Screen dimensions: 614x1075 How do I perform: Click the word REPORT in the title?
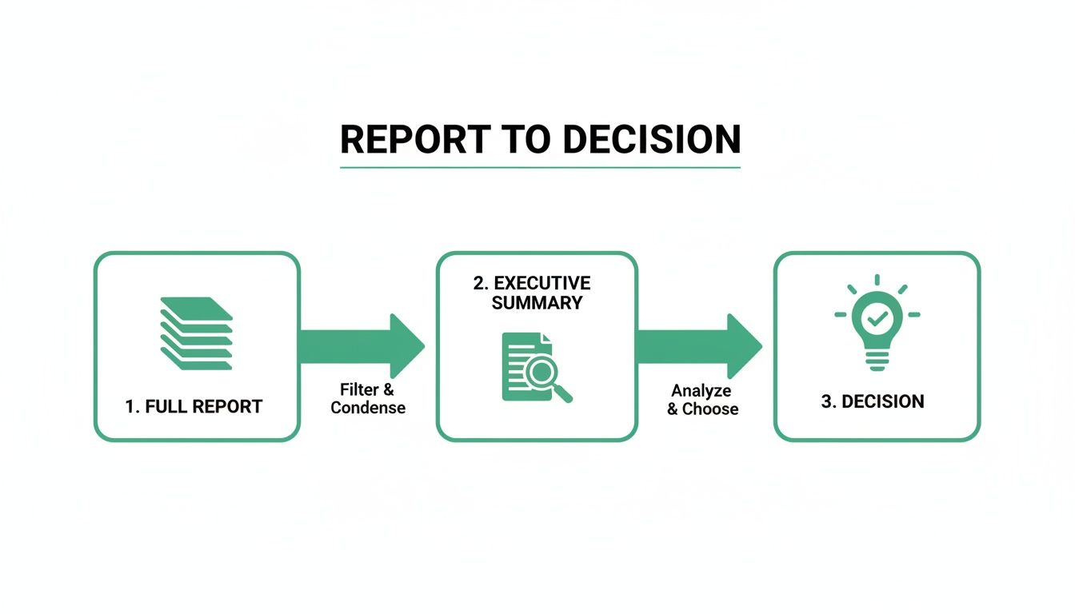pos(414,140)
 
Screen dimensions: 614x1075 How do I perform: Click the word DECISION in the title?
pos(651,140)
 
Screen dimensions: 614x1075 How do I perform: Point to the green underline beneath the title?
pos(540,167)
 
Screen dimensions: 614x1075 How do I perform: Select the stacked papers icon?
pos(196,333)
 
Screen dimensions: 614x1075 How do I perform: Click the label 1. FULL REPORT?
pos(194,406)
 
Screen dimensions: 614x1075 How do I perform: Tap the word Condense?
pos(368,408)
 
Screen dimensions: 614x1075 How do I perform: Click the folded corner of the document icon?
pos(545,338)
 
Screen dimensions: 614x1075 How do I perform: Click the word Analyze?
pos(701,391)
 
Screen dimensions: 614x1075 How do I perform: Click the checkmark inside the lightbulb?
pos(877,317)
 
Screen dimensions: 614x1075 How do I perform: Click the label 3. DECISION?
pos(873,401)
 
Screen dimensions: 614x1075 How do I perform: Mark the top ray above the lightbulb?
pos(877,280)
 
